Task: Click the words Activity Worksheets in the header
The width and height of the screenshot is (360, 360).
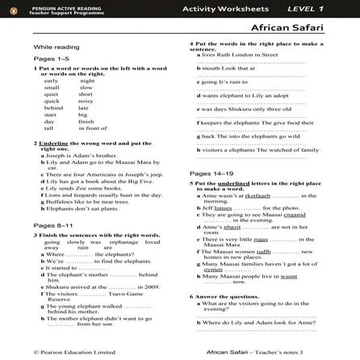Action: pyautogui.click(x=225, y=8)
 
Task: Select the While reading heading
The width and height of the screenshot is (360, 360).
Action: pyautogui.click(x=57, y=48)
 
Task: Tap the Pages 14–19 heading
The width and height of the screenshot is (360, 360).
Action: pyautogui.click(x=211, y=174)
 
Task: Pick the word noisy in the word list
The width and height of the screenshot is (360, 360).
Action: pyautogui.click(x=86, y=101)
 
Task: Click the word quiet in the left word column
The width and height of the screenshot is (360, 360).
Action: pyautogui.click(x=51, y=94)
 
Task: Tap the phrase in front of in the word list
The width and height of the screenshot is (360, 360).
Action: pyautogui.click(x=93, y=128)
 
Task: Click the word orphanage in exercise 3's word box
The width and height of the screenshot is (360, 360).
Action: pyautogui.click(x=123, y=242)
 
